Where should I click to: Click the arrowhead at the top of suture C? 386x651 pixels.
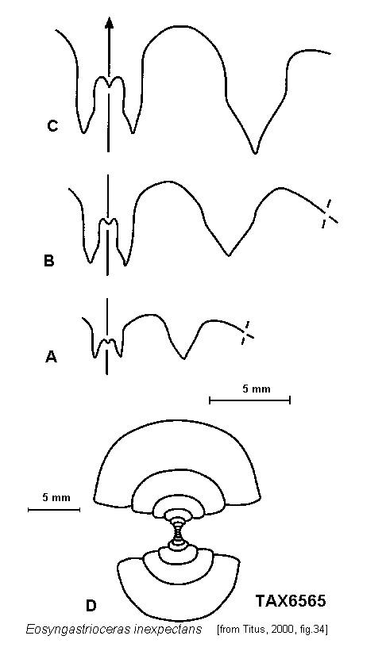point(109,23)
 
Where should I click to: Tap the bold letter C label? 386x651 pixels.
point(52,126)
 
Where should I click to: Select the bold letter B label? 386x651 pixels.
point(48,261)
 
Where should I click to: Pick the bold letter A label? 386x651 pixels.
point(51,357)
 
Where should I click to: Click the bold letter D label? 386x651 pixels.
point(91,606)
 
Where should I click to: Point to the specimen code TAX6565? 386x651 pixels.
point(291,601)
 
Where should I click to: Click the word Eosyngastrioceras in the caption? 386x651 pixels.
point(78,630)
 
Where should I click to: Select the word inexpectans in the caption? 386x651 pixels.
point(168,630)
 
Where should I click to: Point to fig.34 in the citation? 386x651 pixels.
point(311,630)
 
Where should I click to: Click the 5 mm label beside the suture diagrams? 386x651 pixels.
point(257,389)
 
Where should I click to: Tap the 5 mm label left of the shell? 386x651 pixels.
point(56,497)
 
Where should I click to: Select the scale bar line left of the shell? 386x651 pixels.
point(54,509)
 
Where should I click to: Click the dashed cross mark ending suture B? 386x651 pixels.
point(329,214)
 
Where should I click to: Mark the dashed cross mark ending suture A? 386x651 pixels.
point(246,333)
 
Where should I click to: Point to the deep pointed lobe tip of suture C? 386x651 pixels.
point(255,153)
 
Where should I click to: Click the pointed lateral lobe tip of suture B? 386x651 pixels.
point(228,255)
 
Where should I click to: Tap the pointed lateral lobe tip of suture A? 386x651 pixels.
point(183,358)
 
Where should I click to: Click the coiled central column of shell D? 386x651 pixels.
point(178,531)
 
